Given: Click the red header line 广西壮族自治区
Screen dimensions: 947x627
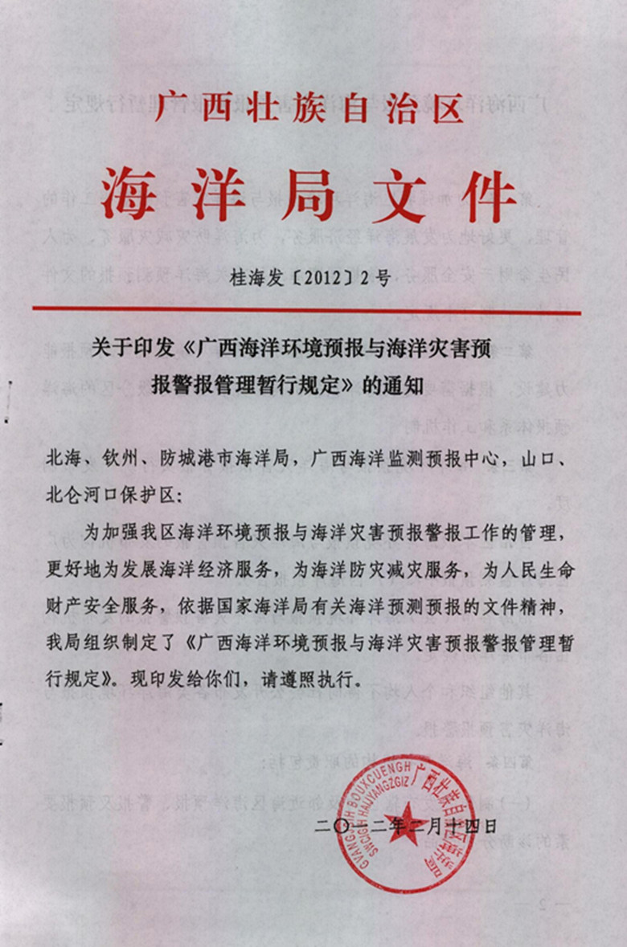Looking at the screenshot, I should click(x=309, y=109).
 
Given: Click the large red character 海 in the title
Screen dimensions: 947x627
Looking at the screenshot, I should click(x=129, y=195).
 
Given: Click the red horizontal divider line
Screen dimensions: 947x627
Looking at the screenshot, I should click(x=305, y=309).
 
